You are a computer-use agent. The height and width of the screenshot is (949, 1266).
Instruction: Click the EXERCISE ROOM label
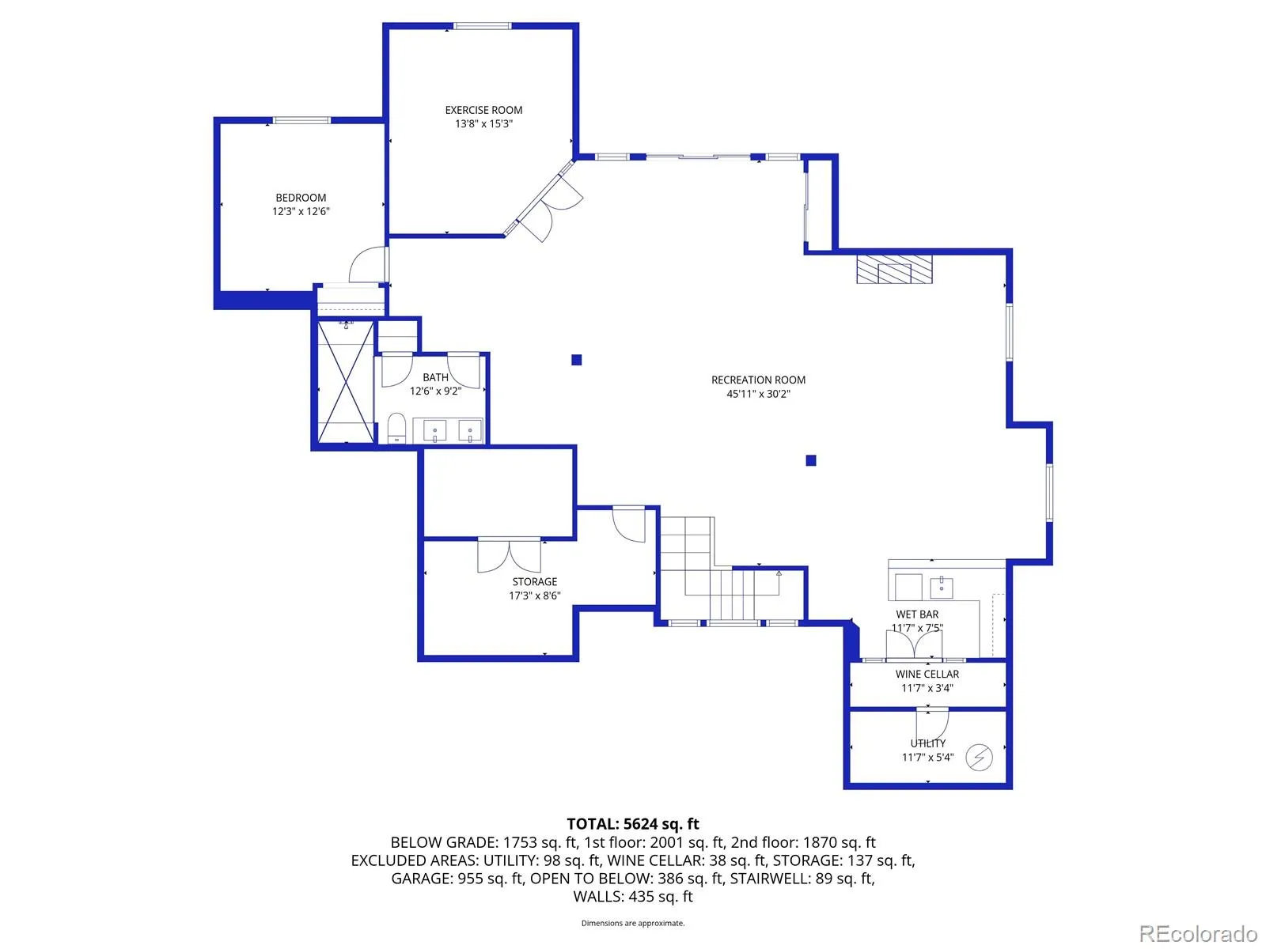483,110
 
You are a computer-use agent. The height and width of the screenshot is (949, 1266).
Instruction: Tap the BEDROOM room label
301,198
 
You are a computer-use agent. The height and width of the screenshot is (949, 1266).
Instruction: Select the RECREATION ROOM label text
758,380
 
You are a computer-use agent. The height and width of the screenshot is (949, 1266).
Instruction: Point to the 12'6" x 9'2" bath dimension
435,391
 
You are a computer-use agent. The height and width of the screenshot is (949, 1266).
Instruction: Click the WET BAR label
917,614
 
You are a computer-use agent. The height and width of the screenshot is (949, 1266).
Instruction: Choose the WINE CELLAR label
927,675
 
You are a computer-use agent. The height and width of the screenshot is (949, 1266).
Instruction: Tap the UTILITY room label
927,743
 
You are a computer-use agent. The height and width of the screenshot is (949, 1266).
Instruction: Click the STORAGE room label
535,582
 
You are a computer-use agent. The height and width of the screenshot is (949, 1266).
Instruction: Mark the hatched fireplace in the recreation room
894,268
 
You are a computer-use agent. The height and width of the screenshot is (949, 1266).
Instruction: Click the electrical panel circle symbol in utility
980,757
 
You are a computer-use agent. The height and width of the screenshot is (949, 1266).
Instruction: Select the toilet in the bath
396,429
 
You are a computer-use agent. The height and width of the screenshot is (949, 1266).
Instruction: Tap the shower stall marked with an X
346,381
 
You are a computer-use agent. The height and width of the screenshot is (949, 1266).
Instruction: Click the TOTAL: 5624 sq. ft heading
633,824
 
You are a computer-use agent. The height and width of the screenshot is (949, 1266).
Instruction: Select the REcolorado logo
1198,934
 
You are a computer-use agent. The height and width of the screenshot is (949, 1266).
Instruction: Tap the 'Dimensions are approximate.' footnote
633,923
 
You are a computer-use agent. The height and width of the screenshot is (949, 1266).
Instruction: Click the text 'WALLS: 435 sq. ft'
633,896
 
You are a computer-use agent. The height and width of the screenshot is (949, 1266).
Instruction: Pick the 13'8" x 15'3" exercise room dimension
483,124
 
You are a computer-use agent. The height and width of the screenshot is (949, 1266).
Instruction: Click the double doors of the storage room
510,555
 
